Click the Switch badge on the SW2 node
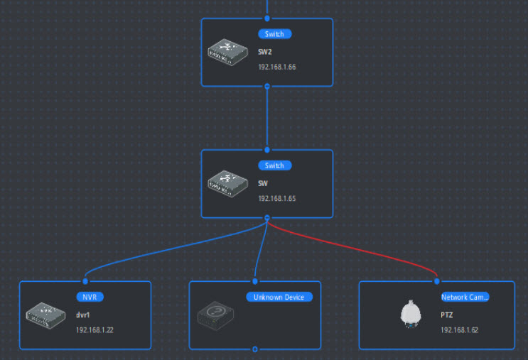click(274, 33)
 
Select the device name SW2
click(266, 52)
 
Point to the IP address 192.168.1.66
click(278, 67)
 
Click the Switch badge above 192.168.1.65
click(274, 165)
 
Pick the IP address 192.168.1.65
click(278, 198)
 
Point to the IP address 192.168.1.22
click(95, 330)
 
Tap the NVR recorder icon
click(46, 315)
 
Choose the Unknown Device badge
click(279, 297)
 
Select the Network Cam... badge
click(464, 297)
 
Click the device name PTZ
click(446, 315)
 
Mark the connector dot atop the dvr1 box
click(85, 281)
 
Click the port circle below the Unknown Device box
click(254, 349)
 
